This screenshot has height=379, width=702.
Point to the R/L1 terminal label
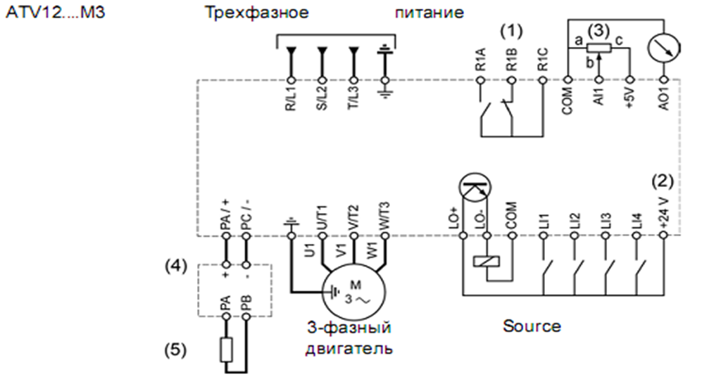[290, 99]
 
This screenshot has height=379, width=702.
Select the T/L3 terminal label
[353, 99]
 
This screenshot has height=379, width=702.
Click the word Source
[532, 326]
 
